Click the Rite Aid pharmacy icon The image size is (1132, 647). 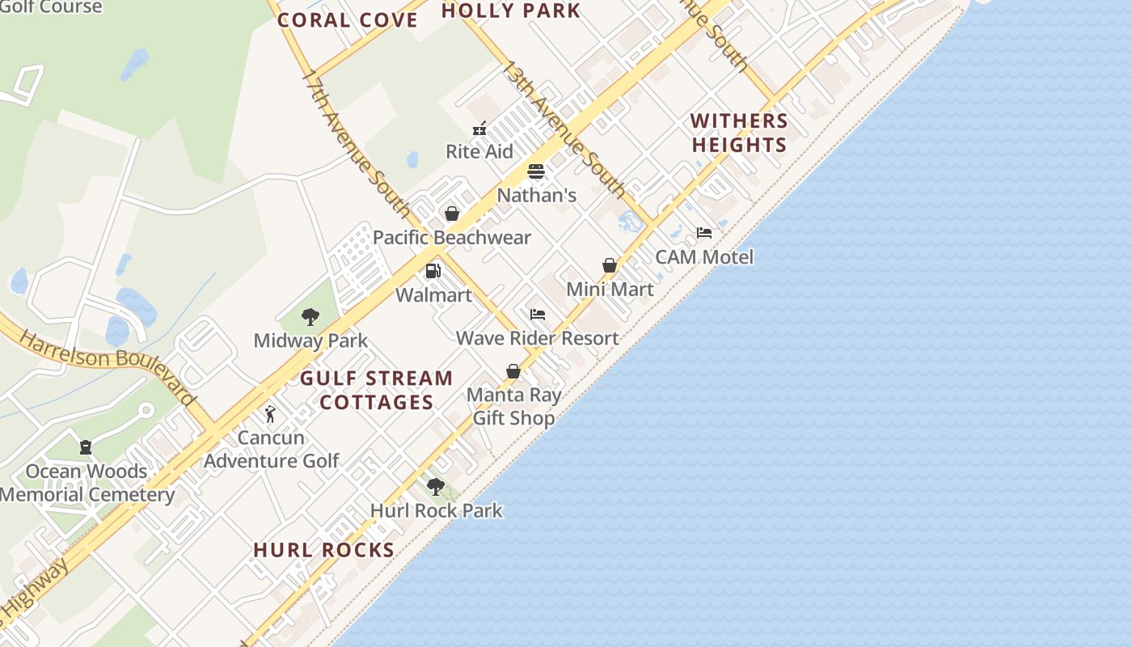[479, 128]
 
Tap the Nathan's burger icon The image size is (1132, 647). [536, 171]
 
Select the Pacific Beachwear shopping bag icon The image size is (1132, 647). [452, 214]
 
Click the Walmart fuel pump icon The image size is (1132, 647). [433, 271]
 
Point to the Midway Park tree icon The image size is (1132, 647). [310, 316]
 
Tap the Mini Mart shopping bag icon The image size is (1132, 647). [610, 265]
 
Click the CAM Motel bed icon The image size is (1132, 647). [704, 233]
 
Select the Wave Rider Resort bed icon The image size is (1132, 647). [538, 315]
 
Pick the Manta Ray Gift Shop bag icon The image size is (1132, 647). [513, 371]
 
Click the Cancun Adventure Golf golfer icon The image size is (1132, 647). [270, 414]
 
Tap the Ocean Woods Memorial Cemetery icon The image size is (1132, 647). [86, 447]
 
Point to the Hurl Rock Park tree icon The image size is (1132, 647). [436, 487]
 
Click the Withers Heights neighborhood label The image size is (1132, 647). [739, 133]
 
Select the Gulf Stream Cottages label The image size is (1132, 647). [377, 390]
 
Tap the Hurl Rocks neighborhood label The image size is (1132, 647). [324, 550]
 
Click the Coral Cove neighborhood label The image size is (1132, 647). [348, 20]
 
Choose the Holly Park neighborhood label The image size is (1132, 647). [511, 11]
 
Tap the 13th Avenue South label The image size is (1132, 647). [563, 129]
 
